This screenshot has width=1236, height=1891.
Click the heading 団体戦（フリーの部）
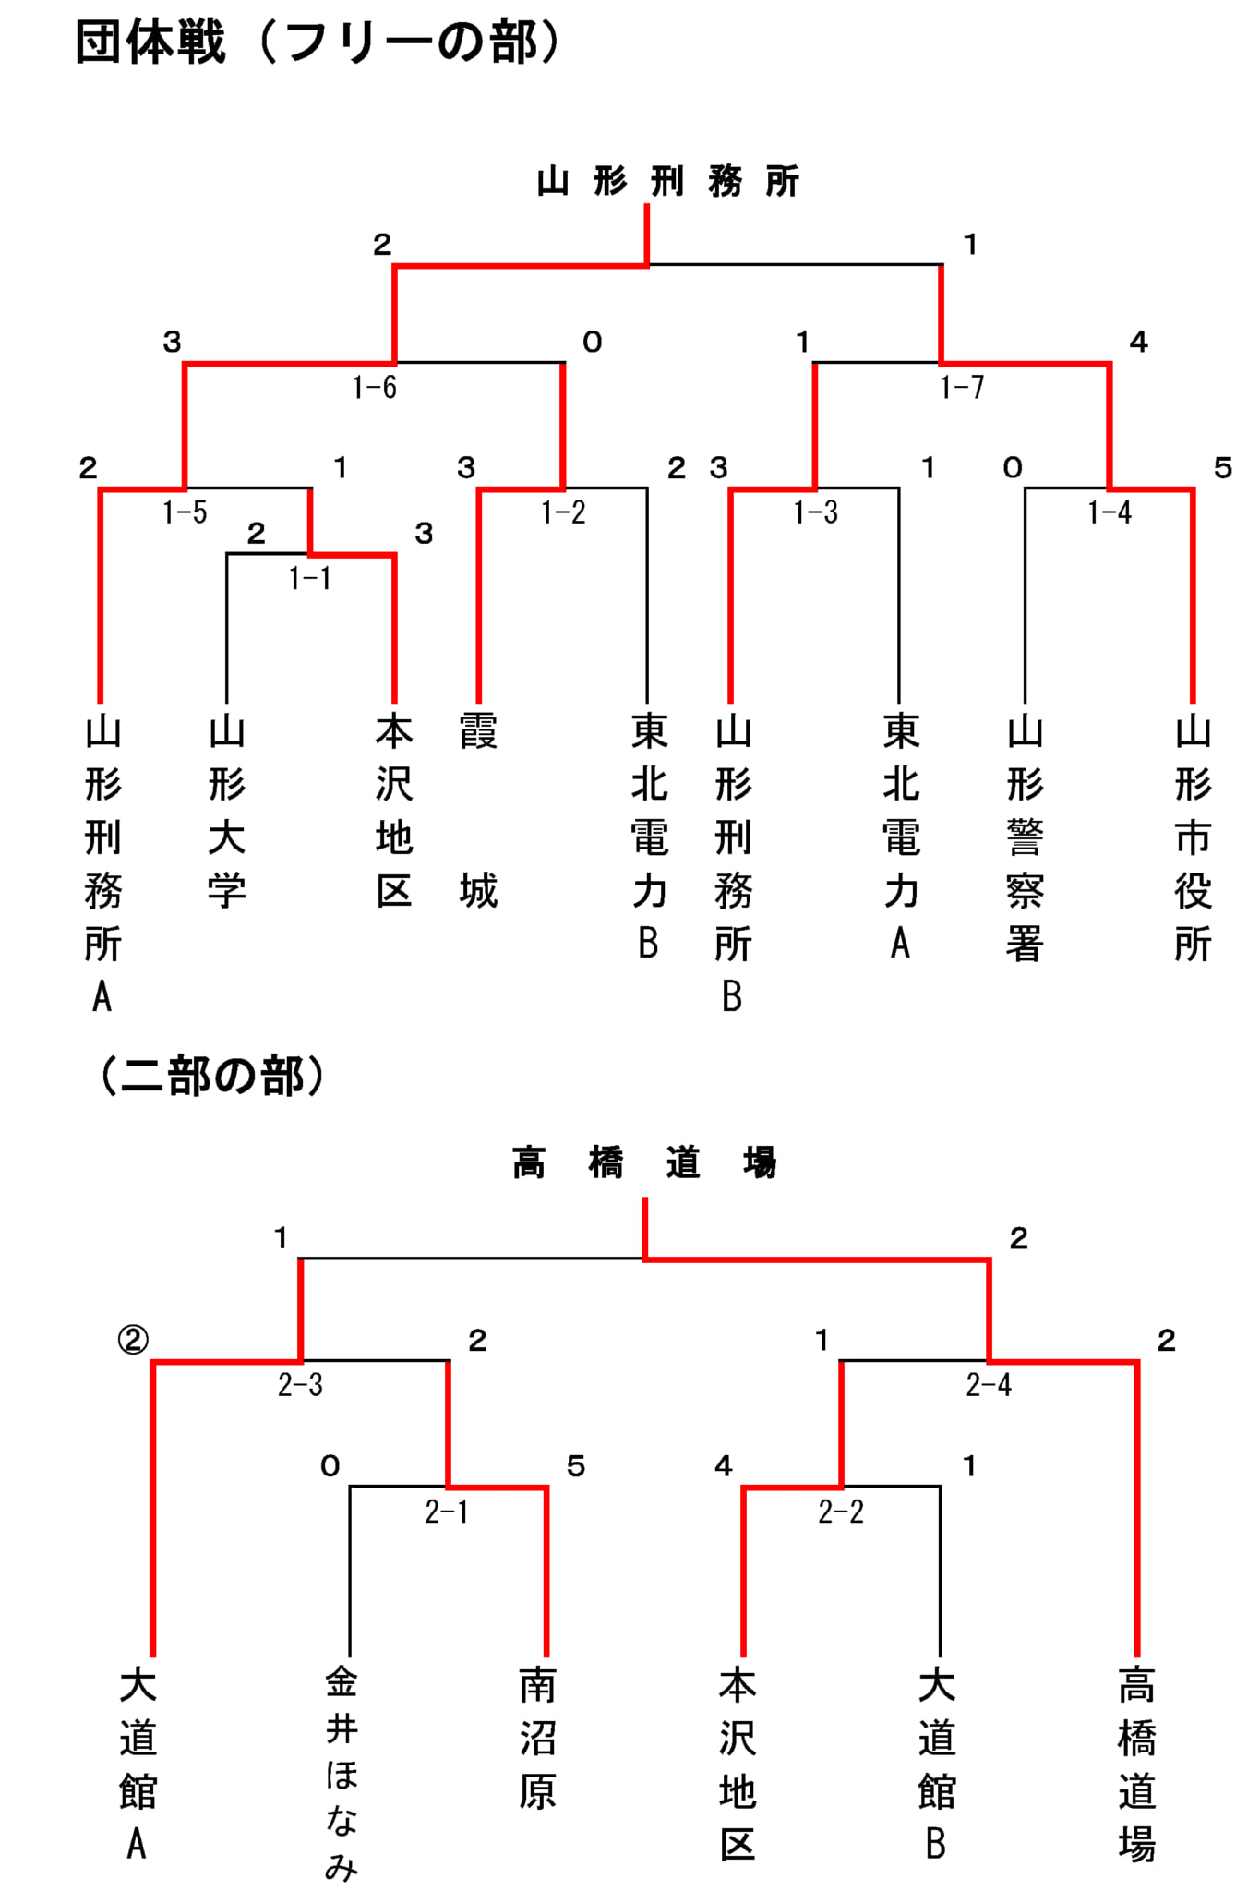[x=318, y=42]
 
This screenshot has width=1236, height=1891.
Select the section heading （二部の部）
[x=212, y=1076]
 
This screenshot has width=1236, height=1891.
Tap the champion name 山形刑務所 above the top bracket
[x=668, y=182]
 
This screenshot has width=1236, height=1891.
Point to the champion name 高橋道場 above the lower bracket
[x=645, y=1162]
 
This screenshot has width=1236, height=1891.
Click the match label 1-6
[x=375, y=388]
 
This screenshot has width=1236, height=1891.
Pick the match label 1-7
[x=962, y=388]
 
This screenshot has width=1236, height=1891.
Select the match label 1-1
[x=309, y=579]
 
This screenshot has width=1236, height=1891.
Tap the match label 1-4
[x=1110, y=512]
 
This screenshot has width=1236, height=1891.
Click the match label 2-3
[x=300, y=1385]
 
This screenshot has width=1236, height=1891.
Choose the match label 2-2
[x=841, y=1512]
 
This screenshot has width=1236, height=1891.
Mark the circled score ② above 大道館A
[x=133, y=1340]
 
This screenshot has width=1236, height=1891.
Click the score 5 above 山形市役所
[x=1223, y=468]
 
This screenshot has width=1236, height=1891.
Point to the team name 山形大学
[x=227, y=812]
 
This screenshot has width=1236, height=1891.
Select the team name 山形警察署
[x=1025, y=838]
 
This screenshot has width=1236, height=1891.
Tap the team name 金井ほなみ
[x=342, y=1774]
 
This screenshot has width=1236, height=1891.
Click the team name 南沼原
[x=537, y=1739]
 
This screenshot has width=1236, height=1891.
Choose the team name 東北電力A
[x=901, y=837]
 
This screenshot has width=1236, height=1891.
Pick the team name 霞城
[x=478, y=812]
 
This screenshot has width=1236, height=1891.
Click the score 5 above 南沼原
[x=576, y=1466]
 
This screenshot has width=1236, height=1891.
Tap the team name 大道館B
[x=937, y=1765]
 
